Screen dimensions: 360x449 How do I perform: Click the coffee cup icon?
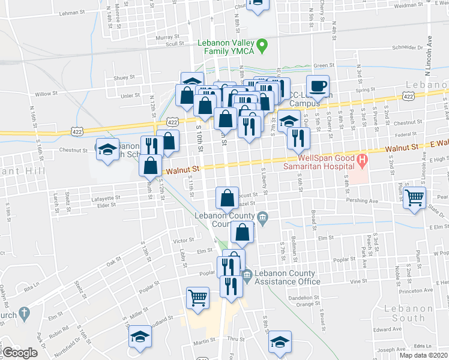318,86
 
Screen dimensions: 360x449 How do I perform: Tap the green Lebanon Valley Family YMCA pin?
261,45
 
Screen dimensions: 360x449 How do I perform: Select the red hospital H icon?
361,160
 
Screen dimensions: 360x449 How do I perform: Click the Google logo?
20,353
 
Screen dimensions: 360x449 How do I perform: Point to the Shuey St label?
125,77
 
